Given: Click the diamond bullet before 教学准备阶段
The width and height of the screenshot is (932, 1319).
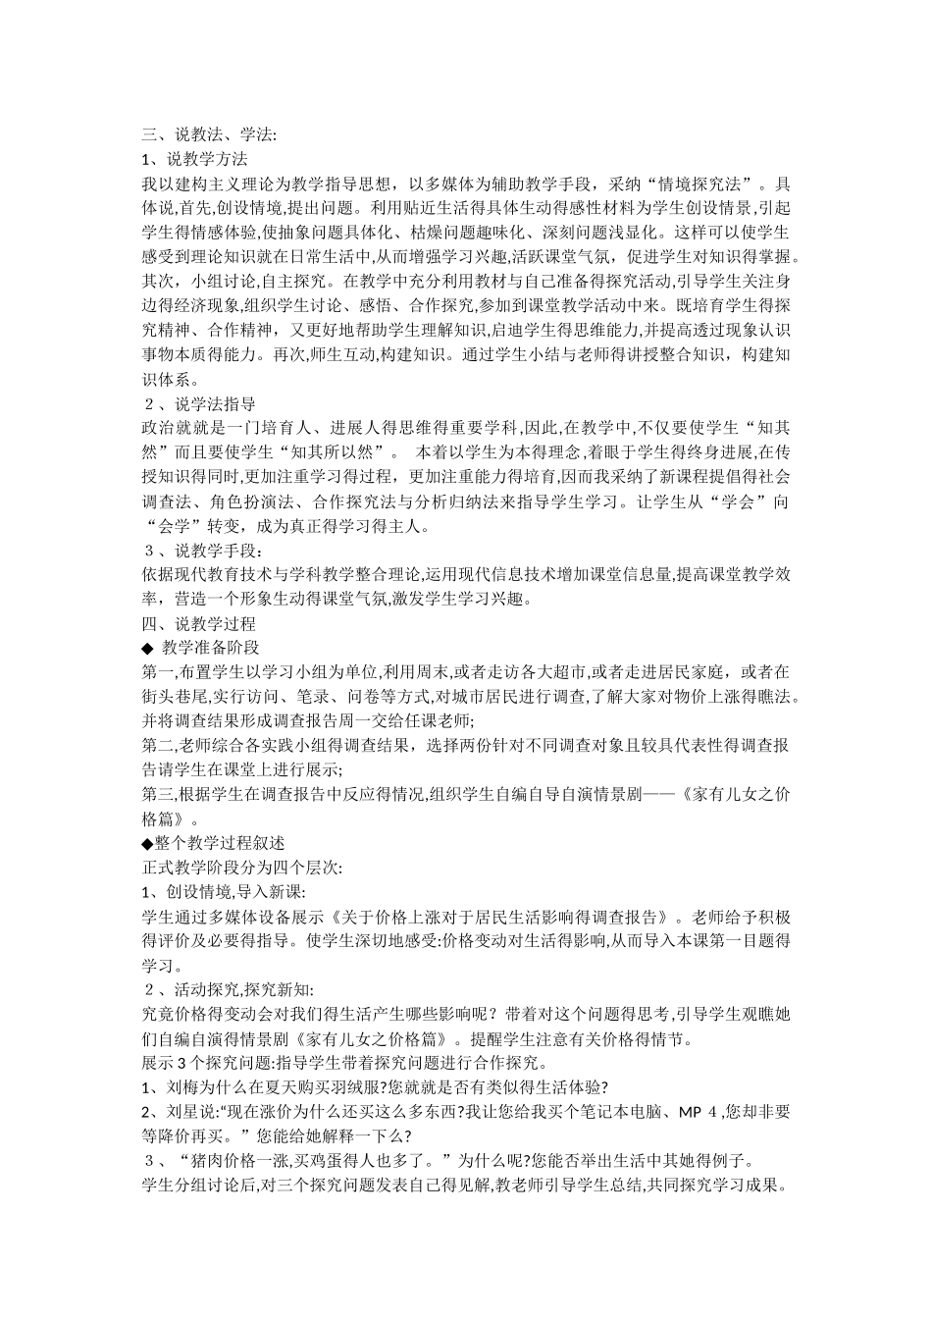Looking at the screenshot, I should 147,648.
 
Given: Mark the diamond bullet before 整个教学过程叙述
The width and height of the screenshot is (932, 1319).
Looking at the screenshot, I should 147,843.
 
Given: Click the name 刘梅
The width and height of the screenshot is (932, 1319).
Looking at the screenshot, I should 181,1088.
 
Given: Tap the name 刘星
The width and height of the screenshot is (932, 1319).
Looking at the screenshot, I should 181,1113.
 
